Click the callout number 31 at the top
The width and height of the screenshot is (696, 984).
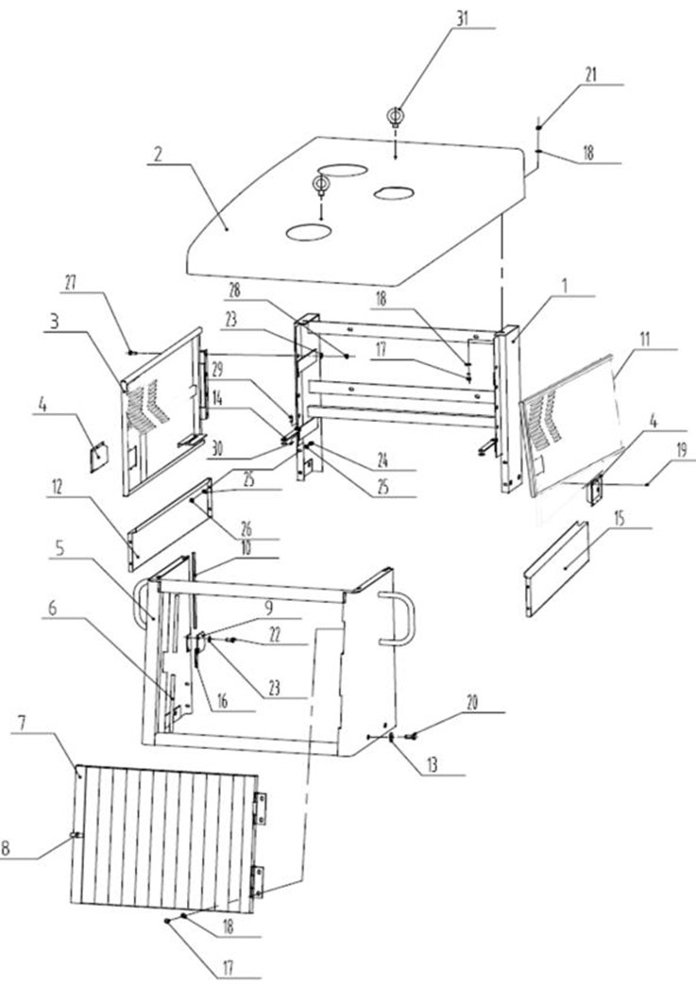pos(463,18)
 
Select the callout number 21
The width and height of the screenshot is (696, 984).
pos(590,75)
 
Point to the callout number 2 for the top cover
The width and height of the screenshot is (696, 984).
pos(158,155)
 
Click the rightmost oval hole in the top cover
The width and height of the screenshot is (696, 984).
pos(393,192)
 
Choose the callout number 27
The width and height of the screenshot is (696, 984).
pos(70,282)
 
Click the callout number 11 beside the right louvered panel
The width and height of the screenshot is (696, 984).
pos(644,340)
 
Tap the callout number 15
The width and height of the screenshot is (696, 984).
pos(620,518)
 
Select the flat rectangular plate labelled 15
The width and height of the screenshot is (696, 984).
pos(556,569)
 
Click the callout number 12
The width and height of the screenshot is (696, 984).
pos(58,488)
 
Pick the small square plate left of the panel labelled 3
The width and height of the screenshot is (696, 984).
pos(98,458)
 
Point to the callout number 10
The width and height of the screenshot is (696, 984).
pos(246,547)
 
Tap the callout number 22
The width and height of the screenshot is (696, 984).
pos(274,634)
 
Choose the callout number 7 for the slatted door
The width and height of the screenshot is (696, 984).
pos(21,723)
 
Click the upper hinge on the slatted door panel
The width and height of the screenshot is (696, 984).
pos(260,808)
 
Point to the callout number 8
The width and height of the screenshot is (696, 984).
pos(5,848)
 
